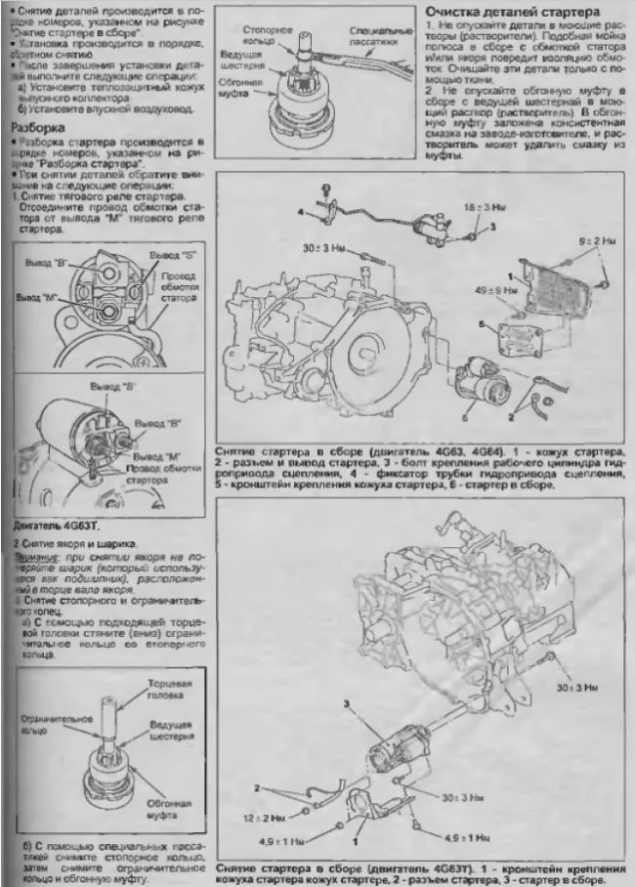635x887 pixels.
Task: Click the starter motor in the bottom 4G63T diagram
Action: [x=396, y=755]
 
